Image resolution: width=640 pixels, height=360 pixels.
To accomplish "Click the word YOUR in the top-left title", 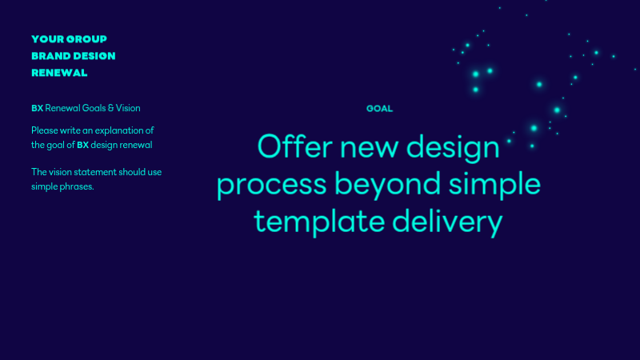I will pos(46,38).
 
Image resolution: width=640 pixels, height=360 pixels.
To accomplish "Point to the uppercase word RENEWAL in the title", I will pos(59,73).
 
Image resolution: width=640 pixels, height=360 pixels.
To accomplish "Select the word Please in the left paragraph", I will pos(46,130).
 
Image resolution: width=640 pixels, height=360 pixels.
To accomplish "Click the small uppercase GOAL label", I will pos(379,108).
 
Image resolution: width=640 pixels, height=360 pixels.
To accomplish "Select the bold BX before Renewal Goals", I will pos(37,108).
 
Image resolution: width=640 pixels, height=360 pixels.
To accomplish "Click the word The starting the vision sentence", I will pos(39,172).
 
